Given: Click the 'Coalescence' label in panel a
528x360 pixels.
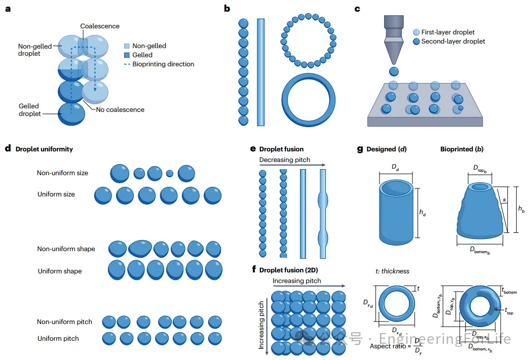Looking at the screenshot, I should coord(100,26).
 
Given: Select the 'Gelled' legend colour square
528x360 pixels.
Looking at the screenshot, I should coord(127,55).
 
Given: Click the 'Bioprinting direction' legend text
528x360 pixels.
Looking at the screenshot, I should coord(163,64).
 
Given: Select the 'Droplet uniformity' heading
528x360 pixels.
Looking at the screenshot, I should coord(44,149).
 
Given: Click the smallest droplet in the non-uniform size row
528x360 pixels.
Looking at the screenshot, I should coord(169,174).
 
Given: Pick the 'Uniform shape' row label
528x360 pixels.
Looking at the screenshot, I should coord(59,271).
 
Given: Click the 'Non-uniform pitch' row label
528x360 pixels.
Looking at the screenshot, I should coord(64,322).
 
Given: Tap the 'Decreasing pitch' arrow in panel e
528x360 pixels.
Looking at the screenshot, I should coord(291,165).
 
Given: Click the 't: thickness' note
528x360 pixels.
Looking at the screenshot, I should coord(392,271).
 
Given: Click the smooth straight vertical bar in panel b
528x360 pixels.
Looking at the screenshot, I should coord(261,71).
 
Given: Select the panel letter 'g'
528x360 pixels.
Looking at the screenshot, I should coord(360,149).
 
